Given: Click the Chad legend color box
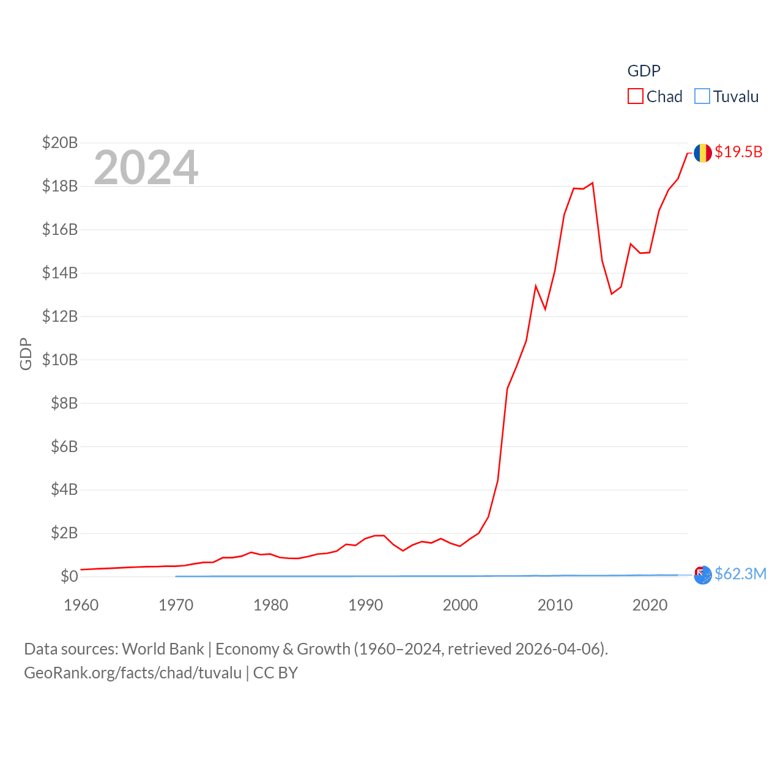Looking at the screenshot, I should (636, 97).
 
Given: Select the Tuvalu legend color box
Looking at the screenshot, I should (702, 97).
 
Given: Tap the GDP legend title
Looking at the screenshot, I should (644, 71).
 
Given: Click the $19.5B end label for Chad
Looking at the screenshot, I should (738, 152).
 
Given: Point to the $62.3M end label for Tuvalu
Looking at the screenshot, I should (740, 574).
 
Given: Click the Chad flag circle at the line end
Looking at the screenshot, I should (702, 153).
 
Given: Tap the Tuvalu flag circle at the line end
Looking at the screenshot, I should (703, 575).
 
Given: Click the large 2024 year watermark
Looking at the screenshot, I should (146, 167).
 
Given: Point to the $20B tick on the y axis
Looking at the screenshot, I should (60, 143).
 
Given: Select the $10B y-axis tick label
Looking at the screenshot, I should (60, 360).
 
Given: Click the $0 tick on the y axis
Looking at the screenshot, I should (69, 576).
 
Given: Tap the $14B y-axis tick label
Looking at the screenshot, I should (60, 273).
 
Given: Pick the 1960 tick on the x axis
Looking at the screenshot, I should (81, 605).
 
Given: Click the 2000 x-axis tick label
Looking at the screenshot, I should (460, 605).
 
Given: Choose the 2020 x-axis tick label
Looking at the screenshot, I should (650, 605).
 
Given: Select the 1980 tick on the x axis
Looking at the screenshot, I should (270, 605).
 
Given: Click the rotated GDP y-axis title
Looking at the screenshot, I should (26, 354).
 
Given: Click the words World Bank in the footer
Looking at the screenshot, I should (163, 648).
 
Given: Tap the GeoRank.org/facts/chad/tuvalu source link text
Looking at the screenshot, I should (133, 673).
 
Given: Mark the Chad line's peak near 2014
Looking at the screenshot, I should (593, 183).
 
